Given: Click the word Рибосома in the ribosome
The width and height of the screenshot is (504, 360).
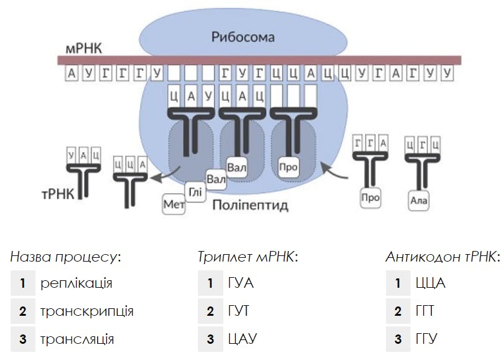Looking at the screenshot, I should [242, 37].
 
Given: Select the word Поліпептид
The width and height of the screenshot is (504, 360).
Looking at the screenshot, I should [251, 205].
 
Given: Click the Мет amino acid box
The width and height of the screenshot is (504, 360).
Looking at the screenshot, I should [174, 205].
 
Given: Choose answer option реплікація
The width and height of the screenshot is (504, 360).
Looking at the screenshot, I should [76, 283].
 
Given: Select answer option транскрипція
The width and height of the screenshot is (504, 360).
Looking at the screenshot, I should [86, 311].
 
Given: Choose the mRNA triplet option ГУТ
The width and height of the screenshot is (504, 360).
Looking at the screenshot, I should [238, 311].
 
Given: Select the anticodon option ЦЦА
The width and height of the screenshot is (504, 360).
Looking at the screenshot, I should [430, 283].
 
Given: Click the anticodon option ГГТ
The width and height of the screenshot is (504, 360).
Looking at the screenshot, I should [426, 311].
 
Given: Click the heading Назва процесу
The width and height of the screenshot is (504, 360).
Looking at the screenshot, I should [65, 257].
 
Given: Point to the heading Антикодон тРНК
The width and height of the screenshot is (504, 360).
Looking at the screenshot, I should [442, 257].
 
